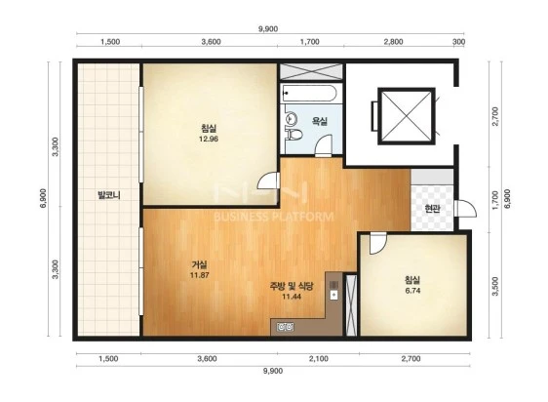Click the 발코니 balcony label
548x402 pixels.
point(109,195)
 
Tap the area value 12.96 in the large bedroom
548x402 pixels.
point(209,139)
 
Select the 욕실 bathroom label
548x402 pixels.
point(320,121)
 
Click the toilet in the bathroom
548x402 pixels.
point(294,135)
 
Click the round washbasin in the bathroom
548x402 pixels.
point(291,118)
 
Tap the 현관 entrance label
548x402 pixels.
point(432,209)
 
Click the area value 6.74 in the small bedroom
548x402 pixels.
point(412,291)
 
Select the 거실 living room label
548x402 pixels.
point(199,264)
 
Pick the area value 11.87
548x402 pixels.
point(199,275)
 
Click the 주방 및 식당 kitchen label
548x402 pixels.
point(292,286)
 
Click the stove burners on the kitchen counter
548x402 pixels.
point(285,327)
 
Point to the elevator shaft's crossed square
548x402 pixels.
point(406,116)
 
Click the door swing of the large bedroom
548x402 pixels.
point(268,181)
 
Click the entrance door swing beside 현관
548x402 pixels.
point(466,209)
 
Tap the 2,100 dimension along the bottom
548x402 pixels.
point(319,359)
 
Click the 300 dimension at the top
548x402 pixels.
point(459,42)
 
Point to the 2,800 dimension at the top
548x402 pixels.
point(393,42)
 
